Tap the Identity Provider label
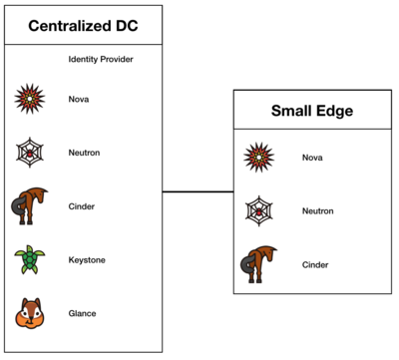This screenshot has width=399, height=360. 101,60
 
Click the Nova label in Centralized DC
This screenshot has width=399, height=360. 79,99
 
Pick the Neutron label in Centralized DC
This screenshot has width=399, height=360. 84,153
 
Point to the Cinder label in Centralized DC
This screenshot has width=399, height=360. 82,206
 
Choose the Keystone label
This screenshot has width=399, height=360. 87,260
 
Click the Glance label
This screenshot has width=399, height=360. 83,313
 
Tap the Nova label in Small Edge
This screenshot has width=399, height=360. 312,158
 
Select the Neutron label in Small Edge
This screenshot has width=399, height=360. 317,210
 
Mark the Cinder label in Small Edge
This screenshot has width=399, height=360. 315,264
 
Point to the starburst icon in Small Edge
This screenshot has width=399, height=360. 260,158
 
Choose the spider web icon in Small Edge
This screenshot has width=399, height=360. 260,210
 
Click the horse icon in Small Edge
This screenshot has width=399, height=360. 259,264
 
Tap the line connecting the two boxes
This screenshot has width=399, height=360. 198,191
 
